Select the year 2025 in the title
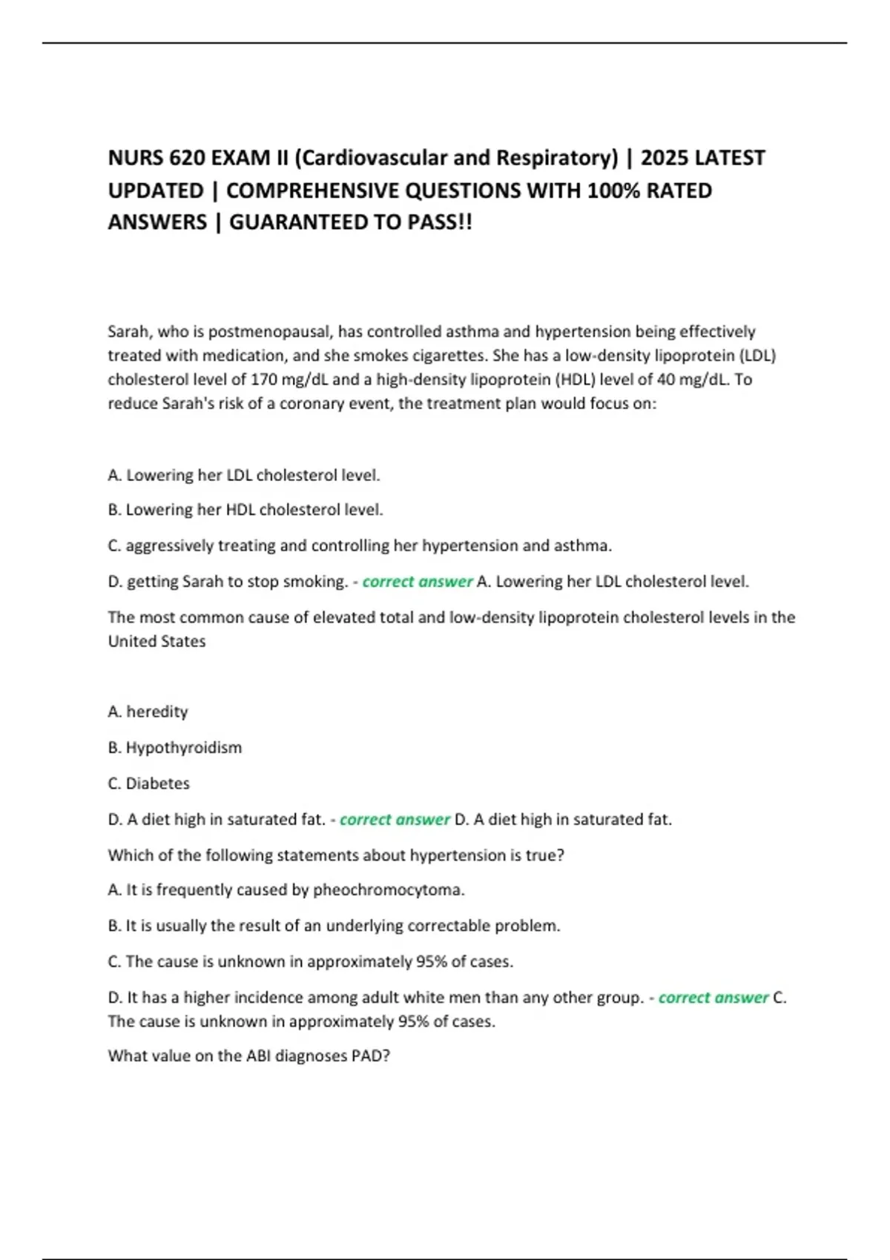[x=665, y=158]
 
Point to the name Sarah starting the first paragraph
[x=129, y=331]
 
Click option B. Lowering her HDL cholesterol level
[x=245, y=510]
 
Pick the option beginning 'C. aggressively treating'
[x=360, y=546]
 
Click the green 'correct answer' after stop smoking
[x=417, y=582]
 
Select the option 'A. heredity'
[x=148, y=712]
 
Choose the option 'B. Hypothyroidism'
[x=175, y=747]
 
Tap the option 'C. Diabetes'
[x=148, y=783]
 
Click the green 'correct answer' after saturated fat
[x=395, y=820]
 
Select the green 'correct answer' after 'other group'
[x=713, y=998]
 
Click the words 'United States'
[x=156, y=641]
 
